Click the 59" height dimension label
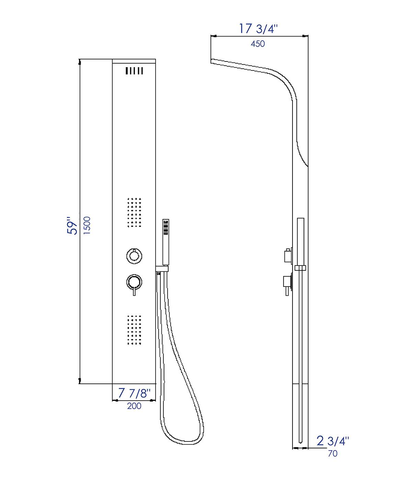pyautogui.click(x=72, y=225)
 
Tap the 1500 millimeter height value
pyautogui.click(x=87, y=225)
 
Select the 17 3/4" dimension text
pyautogui.click(x=258, y=29)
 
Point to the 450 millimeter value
pyautogui.click(x=258, y=44)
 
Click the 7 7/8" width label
pyautogui.click(x=134, y=393)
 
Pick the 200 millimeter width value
pyautogui.click(x=134, y=406)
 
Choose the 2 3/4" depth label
pyautogui.click(x=332, y=441)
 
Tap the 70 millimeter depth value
pyautogui.click(x=332, y=454)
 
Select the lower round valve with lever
pyautogui.click(x=134, y=283)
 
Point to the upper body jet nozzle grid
pyautogui.click(x=134, y=212)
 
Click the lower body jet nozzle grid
pyautogui.click(x=134, y=330)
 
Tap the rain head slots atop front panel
pyautogui.click(x=134, y=71)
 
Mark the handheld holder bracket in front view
pyautogui.click(x=162, y=269)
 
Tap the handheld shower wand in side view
pyautogui.click(x=301, y=240)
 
